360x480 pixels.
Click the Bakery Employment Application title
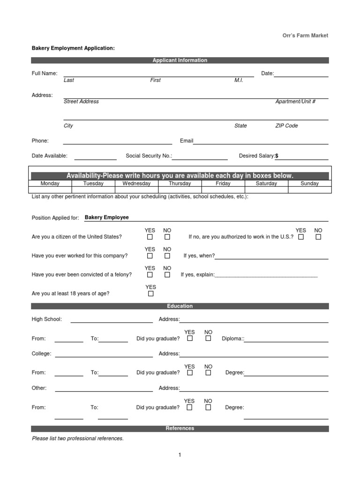click(x=73, y=48)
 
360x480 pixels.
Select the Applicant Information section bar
click(x=180, y=60)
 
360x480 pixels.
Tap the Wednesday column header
click(x=136, y=184)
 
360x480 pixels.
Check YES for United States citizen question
click(x=150, y=237)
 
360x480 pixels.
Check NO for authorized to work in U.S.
click(x=318, y=237)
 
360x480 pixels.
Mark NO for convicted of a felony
click(x=167, y=275)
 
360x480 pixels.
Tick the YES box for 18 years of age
click(x=150, y=294)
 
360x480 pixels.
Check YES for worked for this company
click(x=150, y=256)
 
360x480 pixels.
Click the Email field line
click(x=261, y=142)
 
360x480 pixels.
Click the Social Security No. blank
click(x=200, y=157)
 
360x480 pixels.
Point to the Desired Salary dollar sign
click(x=277, y=156)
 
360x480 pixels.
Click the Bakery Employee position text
click(x=106, y=217)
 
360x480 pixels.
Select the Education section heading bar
click(x=180, y=306)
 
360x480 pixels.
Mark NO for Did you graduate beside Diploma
click(x=208, y=338)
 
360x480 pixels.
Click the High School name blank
click(x=111, y=320)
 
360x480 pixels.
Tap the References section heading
click(x=180, y=428)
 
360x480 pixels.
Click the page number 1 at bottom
click(x=180, y=455)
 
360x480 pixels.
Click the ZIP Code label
click(x=286, y=126)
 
